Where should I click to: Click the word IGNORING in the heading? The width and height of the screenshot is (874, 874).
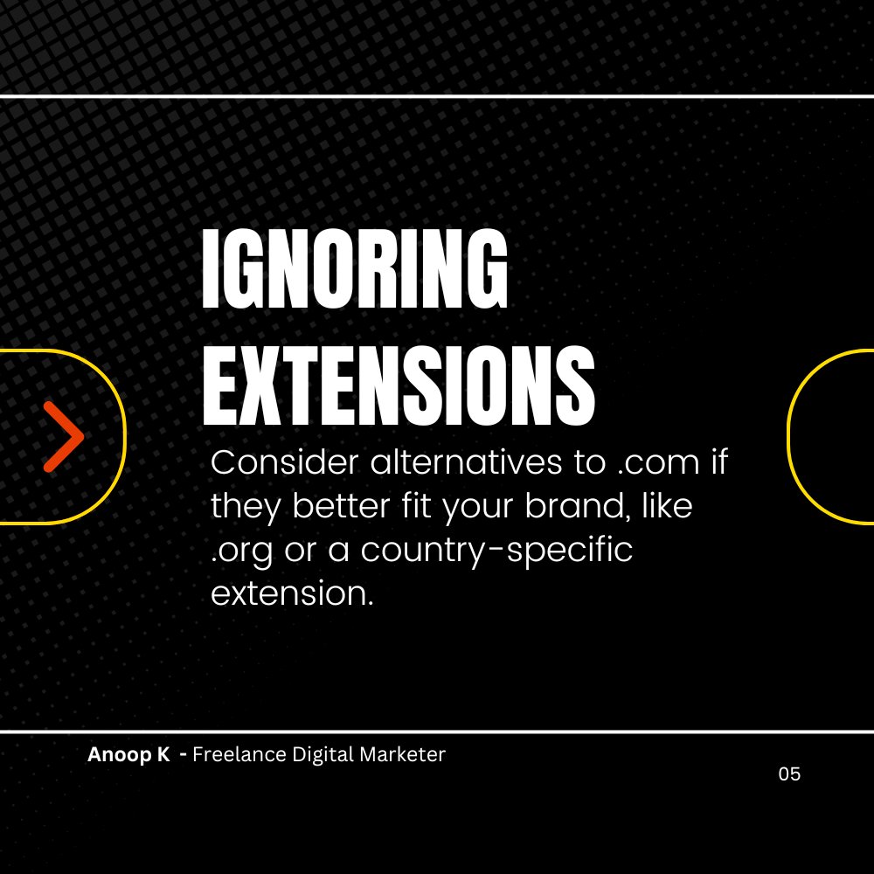354,268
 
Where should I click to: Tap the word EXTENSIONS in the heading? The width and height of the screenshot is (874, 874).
399,382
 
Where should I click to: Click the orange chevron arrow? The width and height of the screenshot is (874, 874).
64,437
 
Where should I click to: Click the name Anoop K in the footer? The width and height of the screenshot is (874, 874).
128,755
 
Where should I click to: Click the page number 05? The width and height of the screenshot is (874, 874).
789,774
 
